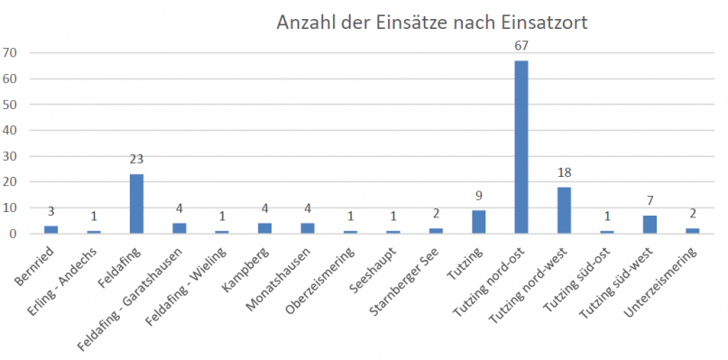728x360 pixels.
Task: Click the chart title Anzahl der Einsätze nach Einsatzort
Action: click(431, 23)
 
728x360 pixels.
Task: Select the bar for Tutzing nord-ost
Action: click(521, 147)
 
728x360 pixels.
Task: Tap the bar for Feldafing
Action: click(136, 204)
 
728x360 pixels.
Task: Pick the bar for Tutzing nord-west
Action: click(564, 210)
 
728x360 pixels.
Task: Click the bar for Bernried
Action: click(51, 229)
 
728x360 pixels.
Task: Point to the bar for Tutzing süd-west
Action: click(650, 225)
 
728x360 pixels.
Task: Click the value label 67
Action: click(521, 46)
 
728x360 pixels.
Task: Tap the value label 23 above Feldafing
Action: click(136, 160)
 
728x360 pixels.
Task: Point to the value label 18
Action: click(564, 172)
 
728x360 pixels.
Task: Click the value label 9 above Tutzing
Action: click(479, 196)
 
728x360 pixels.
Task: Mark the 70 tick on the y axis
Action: click(11, 53)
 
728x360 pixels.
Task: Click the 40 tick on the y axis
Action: click(11, 131)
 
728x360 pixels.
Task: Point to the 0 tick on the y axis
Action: click(14, 234)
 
